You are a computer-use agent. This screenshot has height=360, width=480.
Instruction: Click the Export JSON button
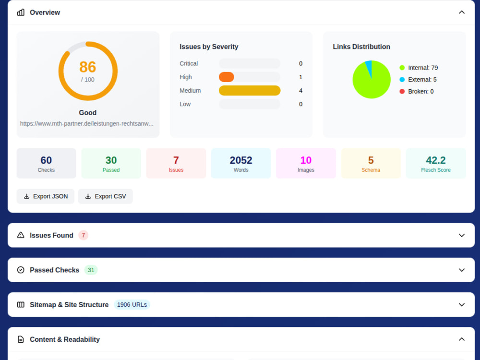point(45,196)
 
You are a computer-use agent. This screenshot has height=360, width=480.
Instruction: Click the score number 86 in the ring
point(87,67)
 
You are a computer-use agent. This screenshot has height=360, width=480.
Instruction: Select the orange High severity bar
point(227,77)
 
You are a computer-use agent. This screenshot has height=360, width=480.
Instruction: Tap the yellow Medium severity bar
point(250,91)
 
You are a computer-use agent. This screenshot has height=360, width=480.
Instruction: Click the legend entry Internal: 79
point(419,68)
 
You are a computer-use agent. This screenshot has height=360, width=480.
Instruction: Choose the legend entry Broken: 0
point(417,91)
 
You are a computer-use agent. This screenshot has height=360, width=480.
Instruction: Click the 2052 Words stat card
point(241,164)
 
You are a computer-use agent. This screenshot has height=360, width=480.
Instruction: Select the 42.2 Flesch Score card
point(436,164)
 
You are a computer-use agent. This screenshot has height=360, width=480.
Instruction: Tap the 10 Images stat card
point(306,164)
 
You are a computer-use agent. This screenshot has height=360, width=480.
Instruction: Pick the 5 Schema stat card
point(371,164)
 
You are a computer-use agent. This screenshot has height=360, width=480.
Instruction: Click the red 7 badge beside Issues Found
point(83,235)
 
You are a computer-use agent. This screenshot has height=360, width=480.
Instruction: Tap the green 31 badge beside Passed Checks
point(91,270)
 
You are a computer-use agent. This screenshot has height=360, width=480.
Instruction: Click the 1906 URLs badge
point(132,305)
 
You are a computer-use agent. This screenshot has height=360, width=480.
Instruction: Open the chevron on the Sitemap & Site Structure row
point(462,305)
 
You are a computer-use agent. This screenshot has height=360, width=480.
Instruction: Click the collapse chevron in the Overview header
point(462,12)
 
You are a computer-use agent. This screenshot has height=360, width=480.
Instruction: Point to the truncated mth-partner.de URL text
point(87,124)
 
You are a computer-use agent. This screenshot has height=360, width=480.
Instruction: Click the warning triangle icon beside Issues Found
point(21,235)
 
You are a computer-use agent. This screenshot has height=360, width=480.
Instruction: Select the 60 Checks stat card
point(46,164)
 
